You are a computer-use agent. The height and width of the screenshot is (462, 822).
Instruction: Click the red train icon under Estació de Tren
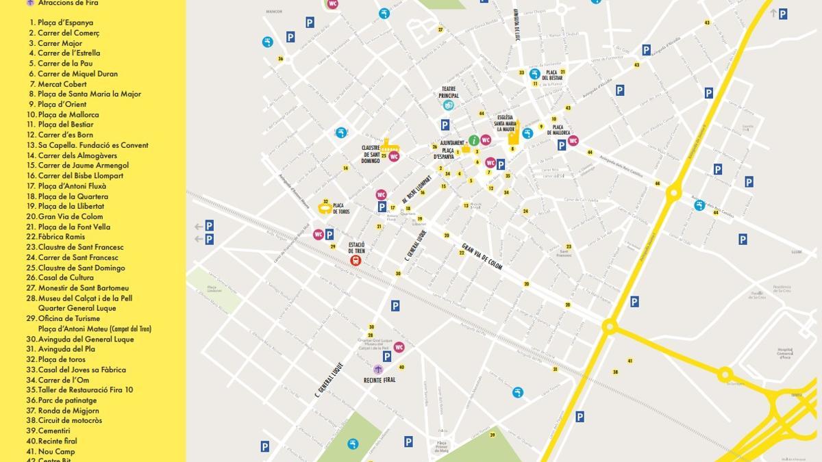356,260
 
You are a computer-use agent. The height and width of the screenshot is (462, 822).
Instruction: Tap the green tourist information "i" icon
473,140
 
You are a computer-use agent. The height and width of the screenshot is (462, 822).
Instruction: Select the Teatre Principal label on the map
449,92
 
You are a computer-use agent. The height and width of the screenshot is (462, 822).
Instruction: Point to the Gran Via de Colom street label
482,257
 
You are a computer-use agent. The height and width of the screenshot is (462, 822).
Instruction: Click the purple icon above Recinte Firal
377,370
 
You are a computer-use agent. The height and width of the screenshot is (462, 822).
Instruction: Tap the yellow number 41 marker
630,361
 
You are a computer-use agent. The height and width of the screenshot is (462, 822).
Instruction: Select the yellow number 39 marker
493,434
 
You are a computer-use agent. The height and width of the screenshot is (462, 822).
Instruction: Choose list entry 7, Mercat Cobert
58,84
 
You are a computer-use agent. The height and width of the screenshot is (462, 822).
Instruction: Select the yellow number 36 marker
280,59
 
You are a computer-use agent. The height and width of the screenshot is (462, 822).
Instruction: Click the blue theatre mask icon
449,105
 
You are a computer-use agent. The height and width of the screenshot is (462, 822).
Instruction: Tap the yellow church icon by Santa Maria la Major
512,137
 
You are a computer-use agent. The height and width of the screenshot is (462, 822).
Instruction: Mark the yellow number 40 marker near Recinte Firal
401,367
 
